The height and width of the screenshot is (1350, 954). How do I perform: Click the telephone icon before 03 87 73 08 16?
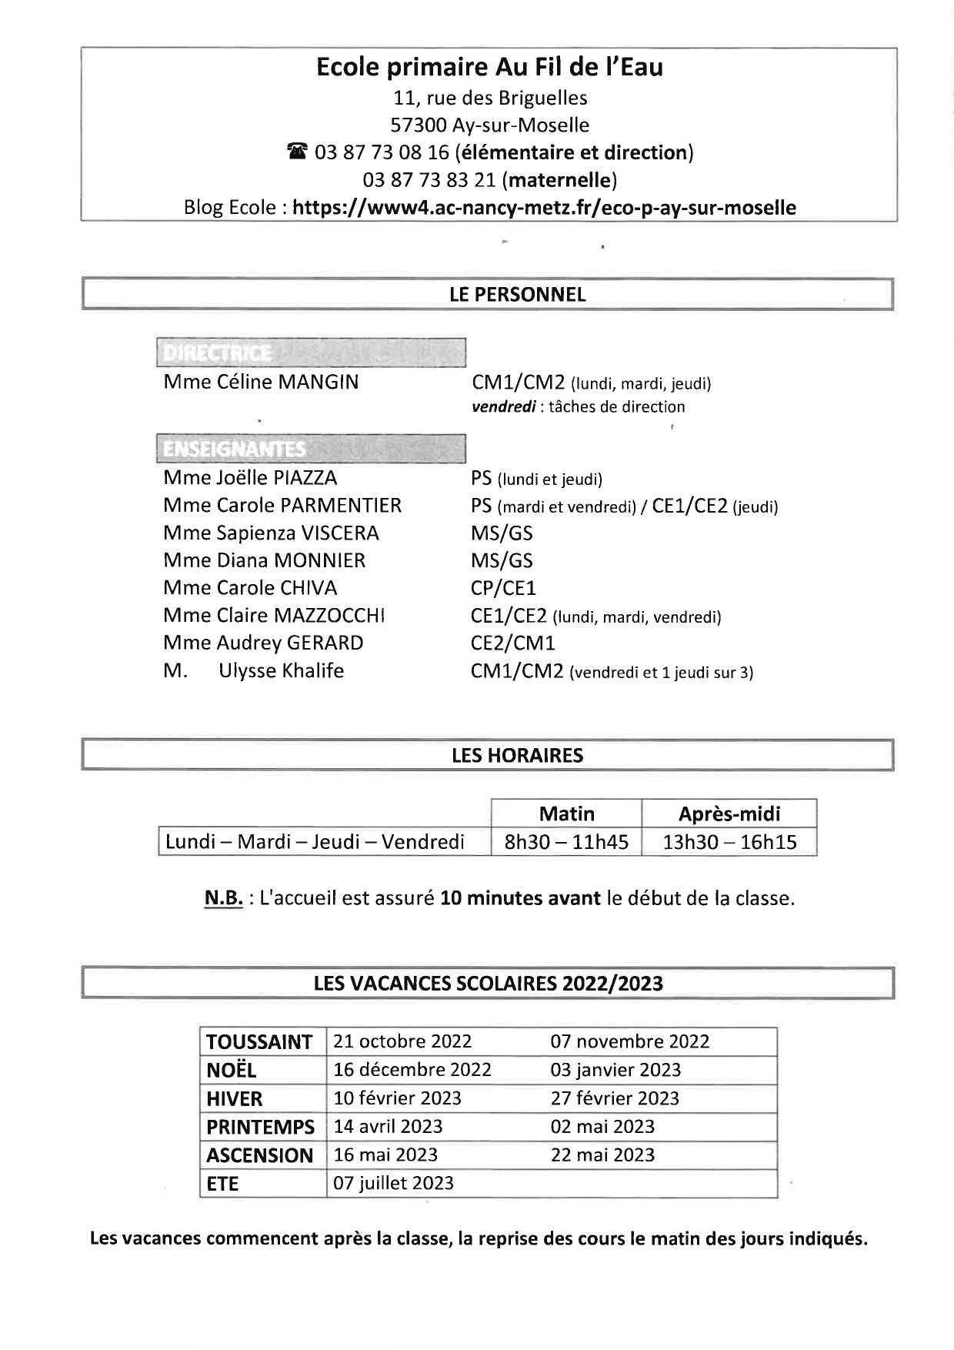click(x=297, y=153)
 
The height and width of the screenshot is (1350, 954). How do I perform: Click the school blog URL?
click(x=544, y=208)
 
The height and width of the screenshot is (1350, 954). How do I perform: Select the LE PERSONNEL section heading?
click(x=517, y=295)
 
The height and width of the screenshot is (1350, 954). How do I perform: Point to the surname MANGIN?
click(x=318, y=383)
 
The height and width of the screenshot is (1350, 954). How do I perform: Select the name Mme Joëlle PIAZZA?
click(x=250, y=478)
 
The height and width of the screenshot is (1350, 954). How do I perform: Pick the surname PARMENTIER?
click(x=341, y=506)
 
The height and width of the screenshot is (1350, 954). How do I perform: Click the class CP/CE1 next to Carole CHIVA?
click(x=503, y=589)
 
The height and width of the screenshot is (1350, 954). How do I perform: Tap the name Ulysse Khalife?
click(x=281, y=671)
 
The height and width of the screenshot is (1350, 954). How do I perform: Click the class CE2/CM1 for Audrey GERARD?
click(x=512, y=643)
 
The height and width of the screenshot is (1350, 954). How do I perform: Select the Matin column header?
click(x=566, y=814)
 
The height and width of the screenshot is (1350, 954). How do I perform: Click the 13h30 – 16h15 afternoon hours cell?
click(x=729, y=842)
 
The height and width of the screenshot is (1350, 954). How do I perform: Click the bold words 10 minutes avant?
click(x=520, y=898)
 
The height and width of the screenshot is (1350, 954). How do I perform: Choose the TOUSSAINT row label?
click(x=259, y=1042)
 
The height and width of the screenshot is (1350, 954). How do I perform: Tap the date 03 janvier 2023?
click(x=615, y=1071)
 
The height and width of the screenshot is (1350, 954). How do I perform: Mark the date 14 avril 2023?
click(x=388, y=1127)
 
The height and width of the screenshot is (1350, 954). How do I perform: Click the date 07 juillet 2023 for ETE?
click(x=393, y=1184)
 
